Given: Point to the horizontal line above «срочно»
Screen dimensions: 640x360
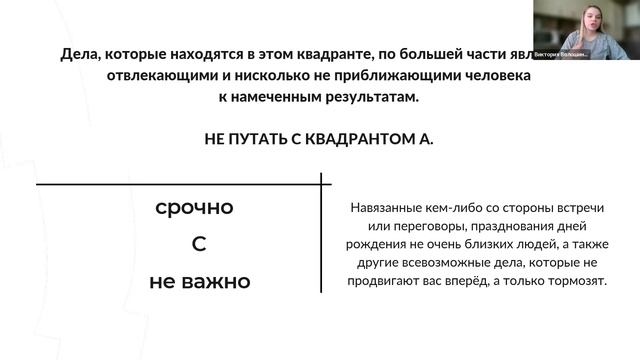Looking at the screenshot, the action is point(180,185).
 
